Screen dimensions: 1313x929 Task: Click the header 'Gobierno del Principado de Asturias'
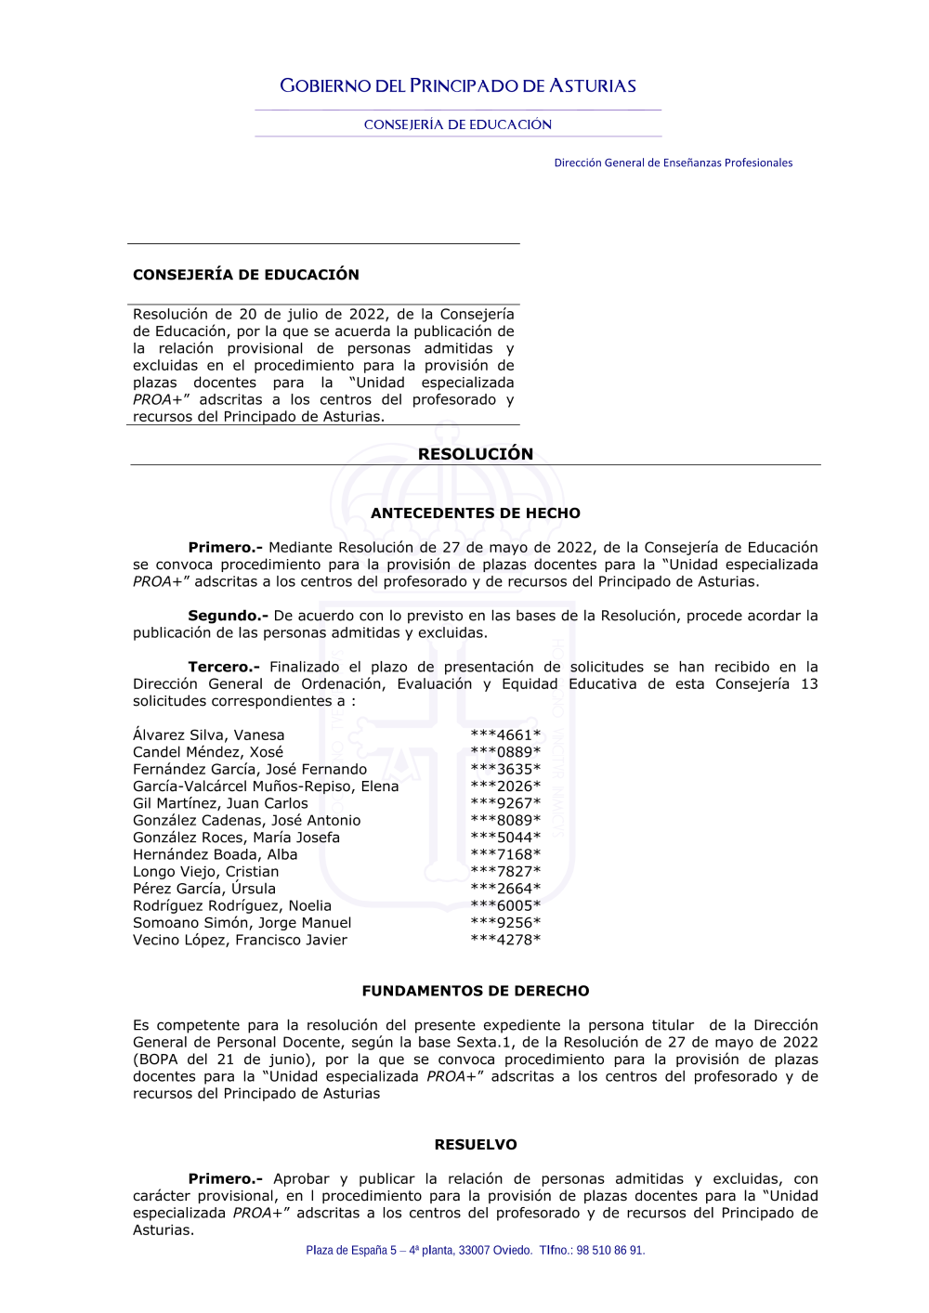point(458,86)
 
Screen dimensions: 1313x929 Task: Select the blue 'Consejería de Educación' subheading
point(458,124)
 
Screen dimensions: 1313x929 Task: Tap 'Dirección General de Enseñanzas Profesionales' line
point(673,162)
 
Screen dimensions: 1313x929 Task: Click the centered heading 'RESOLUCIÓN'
point(476,454)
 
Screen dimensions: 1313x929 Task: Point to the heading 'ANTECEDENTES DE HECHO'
point(476,513)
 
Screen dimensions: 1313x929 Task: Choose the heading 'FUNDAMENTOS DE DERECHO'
point(476,991)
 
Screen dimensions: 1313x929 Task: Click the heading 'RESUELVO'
point(476,1145)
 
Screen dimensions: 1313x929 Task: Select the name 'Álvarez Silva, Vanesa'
point(209,735)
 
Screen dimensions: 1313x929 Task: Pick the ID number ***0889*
point(505,752)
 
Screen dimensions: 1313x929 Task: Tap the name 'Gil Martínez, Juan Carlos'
point(220,803)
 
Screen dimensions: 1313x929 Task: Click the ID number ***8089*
point(505,821)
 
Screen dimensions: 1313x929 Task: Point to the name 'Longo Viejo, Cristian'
point(205,872)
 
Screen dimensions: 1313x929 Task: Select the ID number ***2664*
point(505,889)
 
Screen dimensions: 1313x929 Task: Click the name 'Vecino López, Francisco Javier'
point(240,940)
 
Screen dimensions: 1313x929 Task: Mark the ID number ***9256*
point(505,923)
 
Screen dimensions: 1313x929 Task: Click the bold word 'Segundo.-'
point(228,616)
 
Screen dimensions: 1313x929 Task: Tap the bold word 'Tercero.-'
point(224,667)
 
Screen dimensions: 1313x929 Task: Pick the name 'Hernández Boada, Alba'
point(216,854)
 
